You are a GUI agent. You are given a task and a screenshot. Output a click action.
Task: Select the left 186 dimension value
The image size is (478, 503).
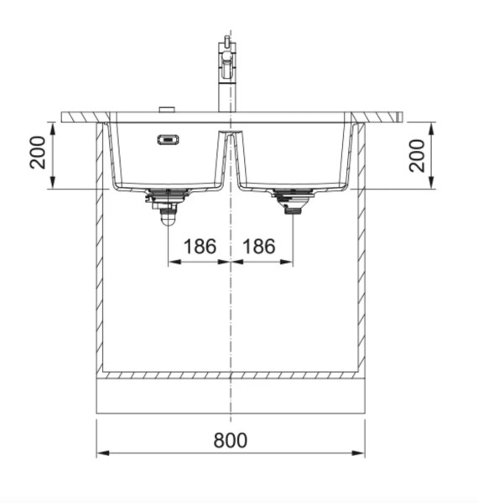(x=200, y=247)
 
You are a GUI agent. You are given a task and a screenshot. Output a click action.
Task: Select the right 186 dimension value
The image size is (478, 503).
(x=260, y=247)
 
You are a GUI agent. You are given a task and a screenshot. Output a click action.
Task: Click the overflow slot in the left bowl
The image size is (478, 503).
(x=168, y=140)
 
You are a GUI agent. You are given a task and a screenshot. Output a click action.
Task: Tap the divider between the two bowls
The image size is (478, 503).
(x=230, y=155)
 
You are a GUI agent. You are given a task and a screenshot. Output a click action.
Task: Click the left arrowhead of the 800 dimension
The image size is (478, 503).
(x=101, y=454)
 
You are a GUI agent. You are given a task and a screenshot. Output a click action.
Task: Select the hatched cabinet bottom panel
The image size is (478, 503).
(x=231, y=374)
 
